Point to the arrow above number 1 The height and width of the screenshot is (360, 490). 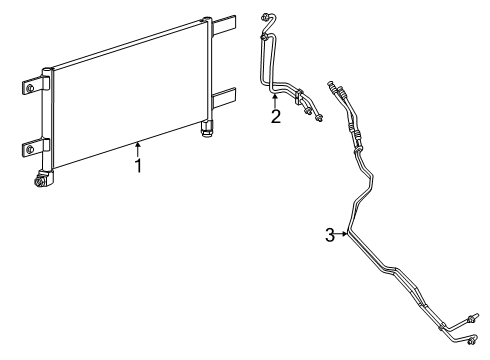(x=139, y=147)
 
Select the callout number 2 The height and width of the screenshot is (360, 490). (x=276, y=116)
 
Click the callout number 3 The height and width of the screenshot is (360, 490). (x=329, y=235)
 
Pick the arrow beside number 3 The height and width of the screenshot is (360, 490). (x=345, y=235)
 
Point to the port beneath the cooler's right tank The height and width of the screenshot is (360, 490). (x=207, y=128)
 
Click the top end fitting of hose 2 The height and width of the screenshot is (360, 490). (x=265, y=17)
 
